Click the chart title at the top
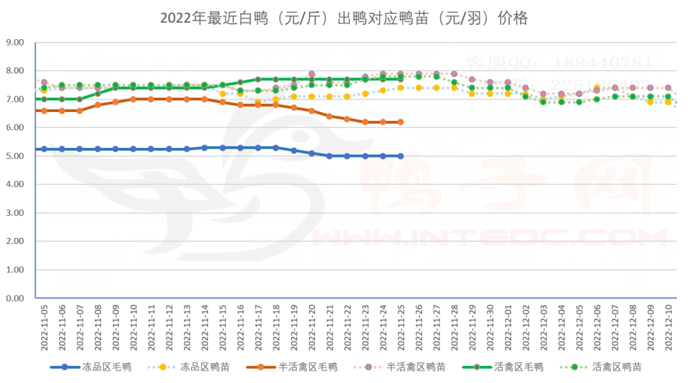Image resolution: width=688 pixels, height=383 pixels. pos(344,19)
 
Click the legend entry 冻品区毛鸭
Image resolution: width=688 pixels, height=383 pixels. pos(107,368)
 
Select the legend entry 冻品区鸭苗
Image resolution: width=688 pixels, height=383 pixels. pos(205,368)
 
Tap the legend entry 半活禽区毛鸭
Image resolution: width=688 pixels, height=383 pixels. pos(308,368)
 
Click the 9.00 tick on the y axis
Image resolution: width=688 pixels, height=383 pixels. pos(14,43)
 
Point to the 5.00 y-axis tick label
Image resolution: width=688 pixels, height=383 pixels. pos(14,156)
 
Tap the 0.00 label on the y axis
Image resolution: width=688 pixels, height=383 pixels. pos(14,298)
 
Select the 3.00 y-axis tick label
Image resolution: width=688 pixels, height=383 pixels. pos(14,213)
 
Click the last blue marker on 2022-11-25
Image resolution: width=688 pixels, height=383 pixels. pos(400,156)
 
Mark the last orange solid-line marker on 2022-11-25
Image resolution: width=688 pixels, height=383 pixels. pos(400,122)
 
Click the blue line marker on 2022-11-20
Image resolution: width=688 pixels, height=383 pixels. pos(312,153)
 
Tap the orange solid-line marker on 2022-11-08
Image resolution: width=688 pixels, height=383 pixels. pos(98,105)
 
